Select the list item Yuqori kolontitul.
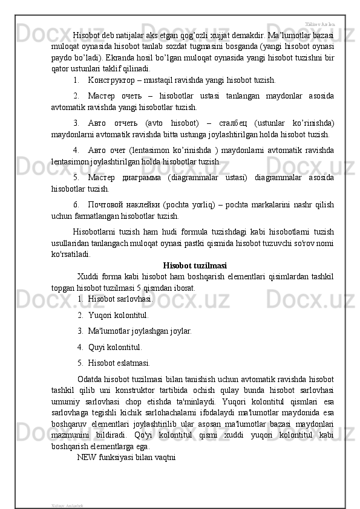pyautogui.click(x=118, y=314)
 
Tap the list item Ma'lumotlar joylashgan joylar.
pyautogui.click(x=140, y=331)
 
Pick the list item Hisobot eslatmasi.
pyautogui.click(x=119, y=363)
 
